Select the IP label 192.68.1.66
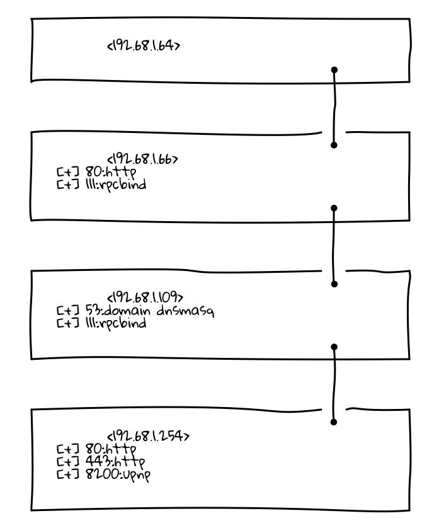pos(145,159)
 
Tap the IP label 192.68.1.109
pos(145,297)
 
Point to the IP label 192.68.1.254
pos(149,436)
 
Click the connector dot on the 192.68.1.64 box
pos(334,69)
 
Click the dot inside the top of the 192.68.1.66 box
pos(334,145)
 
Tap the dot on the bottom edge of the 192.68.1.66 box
pos(334,207)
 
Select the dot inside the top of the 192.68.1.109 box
pos(334,284)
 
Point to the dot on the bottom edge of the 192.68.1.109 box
pos(334,346)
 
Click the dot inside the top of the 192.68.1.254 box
pos(334,422)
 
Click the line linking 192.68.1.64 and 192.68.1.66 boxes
pos(334,107)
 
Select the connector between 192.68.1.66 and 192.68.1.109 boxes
pos(334,246)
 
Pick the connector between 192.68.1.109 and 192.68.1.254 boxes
pos(334,384)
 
